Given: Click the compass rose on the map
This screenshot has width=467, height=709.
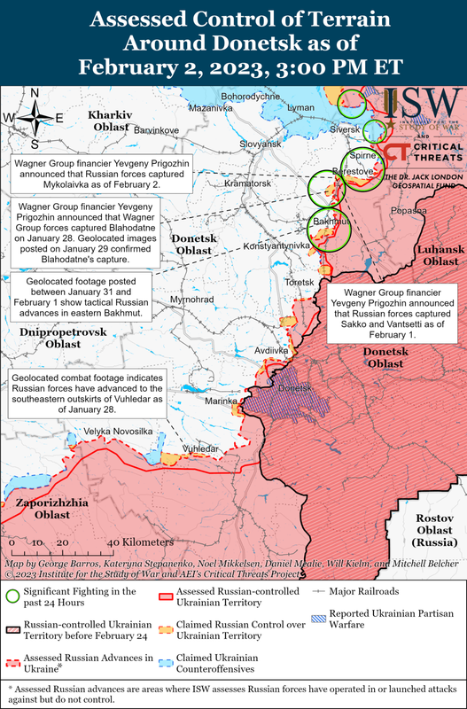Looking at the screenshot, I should tap(35, 116).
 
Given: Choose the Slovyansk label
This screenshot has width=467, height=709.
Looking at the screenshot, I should tap(259, 144).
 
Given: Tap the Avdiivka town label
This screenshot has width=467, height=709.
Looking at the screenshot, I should tap(271, 351).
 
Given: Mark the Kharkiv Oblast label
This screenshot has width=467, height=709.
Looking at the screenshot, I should tap(110, 122).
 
